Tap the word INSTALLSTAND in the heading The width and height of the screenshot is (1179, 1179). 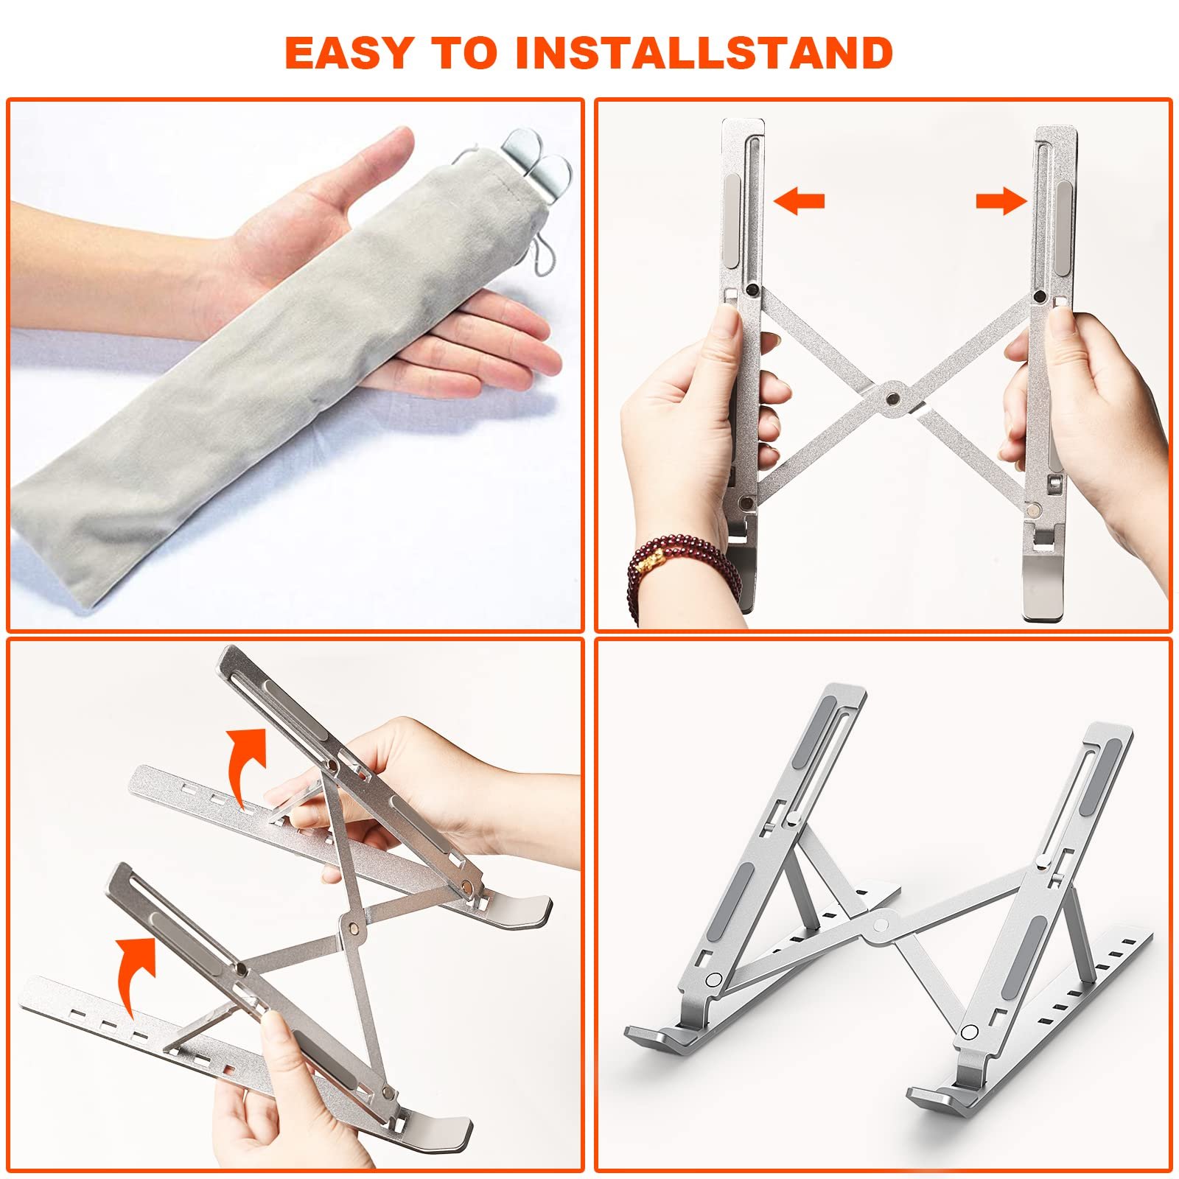(704, 52)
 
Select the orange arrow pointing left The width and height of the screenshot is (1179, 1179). (800, 200)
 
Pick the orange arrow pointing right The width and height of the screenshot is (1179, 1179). (1001, 200)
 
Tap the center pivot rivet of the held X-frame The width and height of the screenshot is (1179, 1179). (894, 397)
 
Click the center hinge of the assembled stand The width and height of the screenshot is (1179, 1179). (882, 923)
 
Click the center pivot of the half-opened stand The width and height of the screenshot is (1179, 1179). (351, 927)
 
